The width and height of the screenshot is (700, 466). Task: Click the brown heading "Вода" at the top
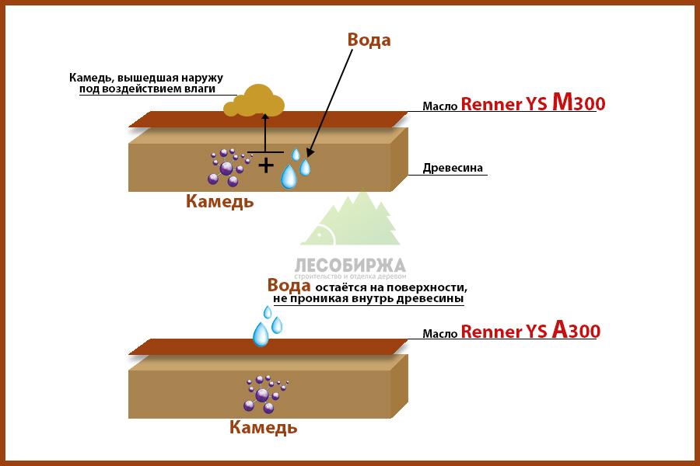368,40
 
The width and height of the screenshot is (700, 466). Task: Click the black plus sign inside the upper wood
266,165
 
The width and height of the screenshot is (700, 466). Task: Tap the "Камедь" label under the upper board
220,202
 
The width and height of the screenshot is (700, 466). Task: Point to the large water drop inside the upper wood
289,176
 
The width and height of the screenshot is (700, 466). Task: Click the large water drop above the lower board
261,332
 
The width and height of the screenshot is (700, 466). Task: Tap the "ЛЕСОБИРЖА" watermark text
350,264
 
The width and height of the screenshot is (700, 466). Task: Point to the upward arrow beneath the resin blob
265,132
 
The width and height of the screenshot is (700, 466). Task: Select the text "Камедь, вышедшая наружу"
145,78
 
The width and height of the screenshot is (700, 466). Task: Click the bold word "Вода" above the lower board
284,285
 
